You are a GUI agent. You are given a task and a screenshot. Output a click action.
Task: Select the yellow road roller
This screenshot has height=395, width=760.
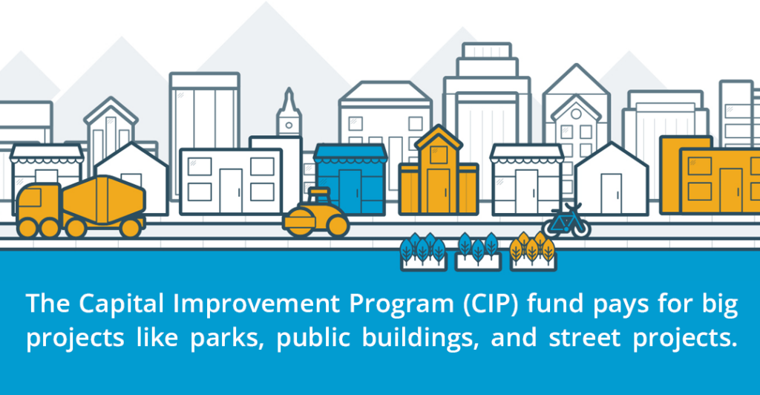pos(315,214)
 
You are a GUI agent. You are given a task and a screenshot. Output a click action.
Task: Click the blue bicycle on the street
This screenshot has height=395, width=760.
pos(566,221)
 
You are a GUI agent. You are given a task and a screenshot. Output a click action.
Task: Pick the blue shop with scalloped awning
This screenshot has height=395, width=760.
pos(350,180)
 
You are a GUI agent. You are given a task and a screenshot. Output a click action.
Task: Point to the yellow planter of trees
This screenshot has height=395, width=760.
pos(533,252)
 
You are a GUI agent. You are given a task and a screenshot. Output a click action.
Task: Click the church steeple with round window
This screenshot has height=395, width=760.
pos(289,113)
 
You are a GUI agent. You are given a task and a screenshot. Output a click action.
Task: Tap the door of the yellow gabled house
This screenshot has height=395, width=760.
pos(439,191)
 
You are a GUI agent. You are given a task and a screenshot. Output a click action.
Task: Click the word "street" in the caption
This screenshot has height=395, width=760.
pos(585,337)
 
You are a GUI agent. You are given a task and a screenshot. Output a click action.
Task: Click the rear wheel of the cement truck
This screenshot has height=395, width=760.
pos(131,228)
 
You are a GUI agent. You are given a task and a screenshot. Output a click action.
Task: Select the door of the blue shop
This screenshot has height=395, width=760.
pos(350,191)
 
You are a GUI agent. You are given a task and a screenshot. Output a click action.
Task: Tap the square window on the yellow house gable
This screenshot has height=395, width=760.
pos(439,154)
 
